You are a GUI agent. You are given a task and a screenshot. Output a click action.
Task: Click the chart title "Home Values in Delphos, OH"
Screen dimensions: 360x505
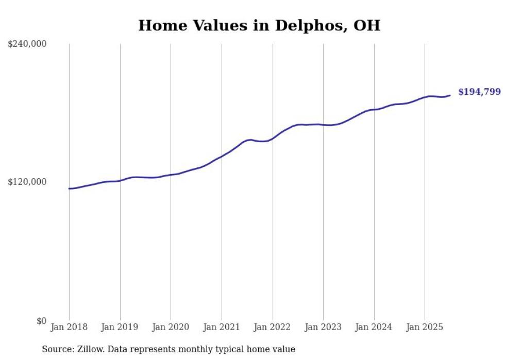[x=259, y=25]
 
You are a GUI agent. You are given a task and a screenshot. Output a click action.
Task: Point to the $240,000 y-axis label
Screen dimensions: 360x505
[x=27, y=44]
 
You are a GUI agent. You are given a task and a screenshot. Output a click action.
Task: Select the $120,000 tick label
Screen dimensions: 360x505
[x=27, y=182]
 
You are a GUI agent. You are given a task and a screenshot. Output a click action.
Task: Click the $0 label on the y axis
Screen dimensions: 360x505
[x=41, y=321]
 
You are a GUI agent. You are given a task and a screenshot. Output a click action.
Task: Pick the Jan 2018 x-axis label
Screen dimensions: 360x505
[x=69, y=327]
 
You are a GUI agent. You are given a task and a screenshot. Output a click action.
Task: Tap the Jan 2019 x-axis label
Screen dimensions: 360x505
[x=120, y=327]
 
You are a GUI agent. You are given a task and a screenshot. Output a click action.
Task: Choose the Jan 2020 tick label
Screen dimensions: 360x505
[x=171, y=327]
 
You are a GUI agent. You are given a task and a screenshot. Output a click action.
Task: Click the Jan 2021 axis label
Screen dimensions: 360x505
[x=222, y=327]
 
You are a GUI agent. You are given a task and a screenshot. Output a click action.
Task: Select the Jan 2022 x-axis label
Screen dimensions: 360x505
[x=273, y=327]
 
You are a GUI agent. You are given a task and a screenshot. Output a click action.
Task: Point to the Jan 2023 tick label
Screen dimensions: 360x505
[x=323, y=327]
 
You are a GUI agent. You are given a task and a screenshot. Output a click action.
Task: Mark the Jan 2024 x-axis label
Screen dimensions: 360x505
[x=374, y=327]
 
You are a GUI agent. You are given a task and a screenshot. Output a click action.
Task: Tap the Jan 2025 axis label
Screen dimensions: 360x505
[x=425, y=327]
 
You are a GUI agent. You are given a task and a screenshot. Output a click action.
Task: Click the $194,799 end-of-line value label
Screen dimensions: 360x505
[x=479, y=92]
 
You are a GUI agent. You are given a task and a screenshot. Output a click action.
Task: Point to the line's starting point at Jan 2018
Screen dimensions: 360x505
[x=69, y=188]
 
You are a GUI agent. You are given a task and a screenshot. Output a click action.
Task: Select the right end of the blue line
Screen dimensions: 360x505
[x=450, y=95]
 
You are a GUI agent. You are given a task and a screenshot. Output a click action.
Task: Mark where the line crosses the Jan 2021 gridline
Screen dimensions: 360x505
[x=222, y=156]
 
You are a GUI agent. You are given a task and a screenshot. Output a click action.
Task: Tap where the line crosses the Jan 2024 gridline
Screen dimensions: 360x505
[x=374, y=109]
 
